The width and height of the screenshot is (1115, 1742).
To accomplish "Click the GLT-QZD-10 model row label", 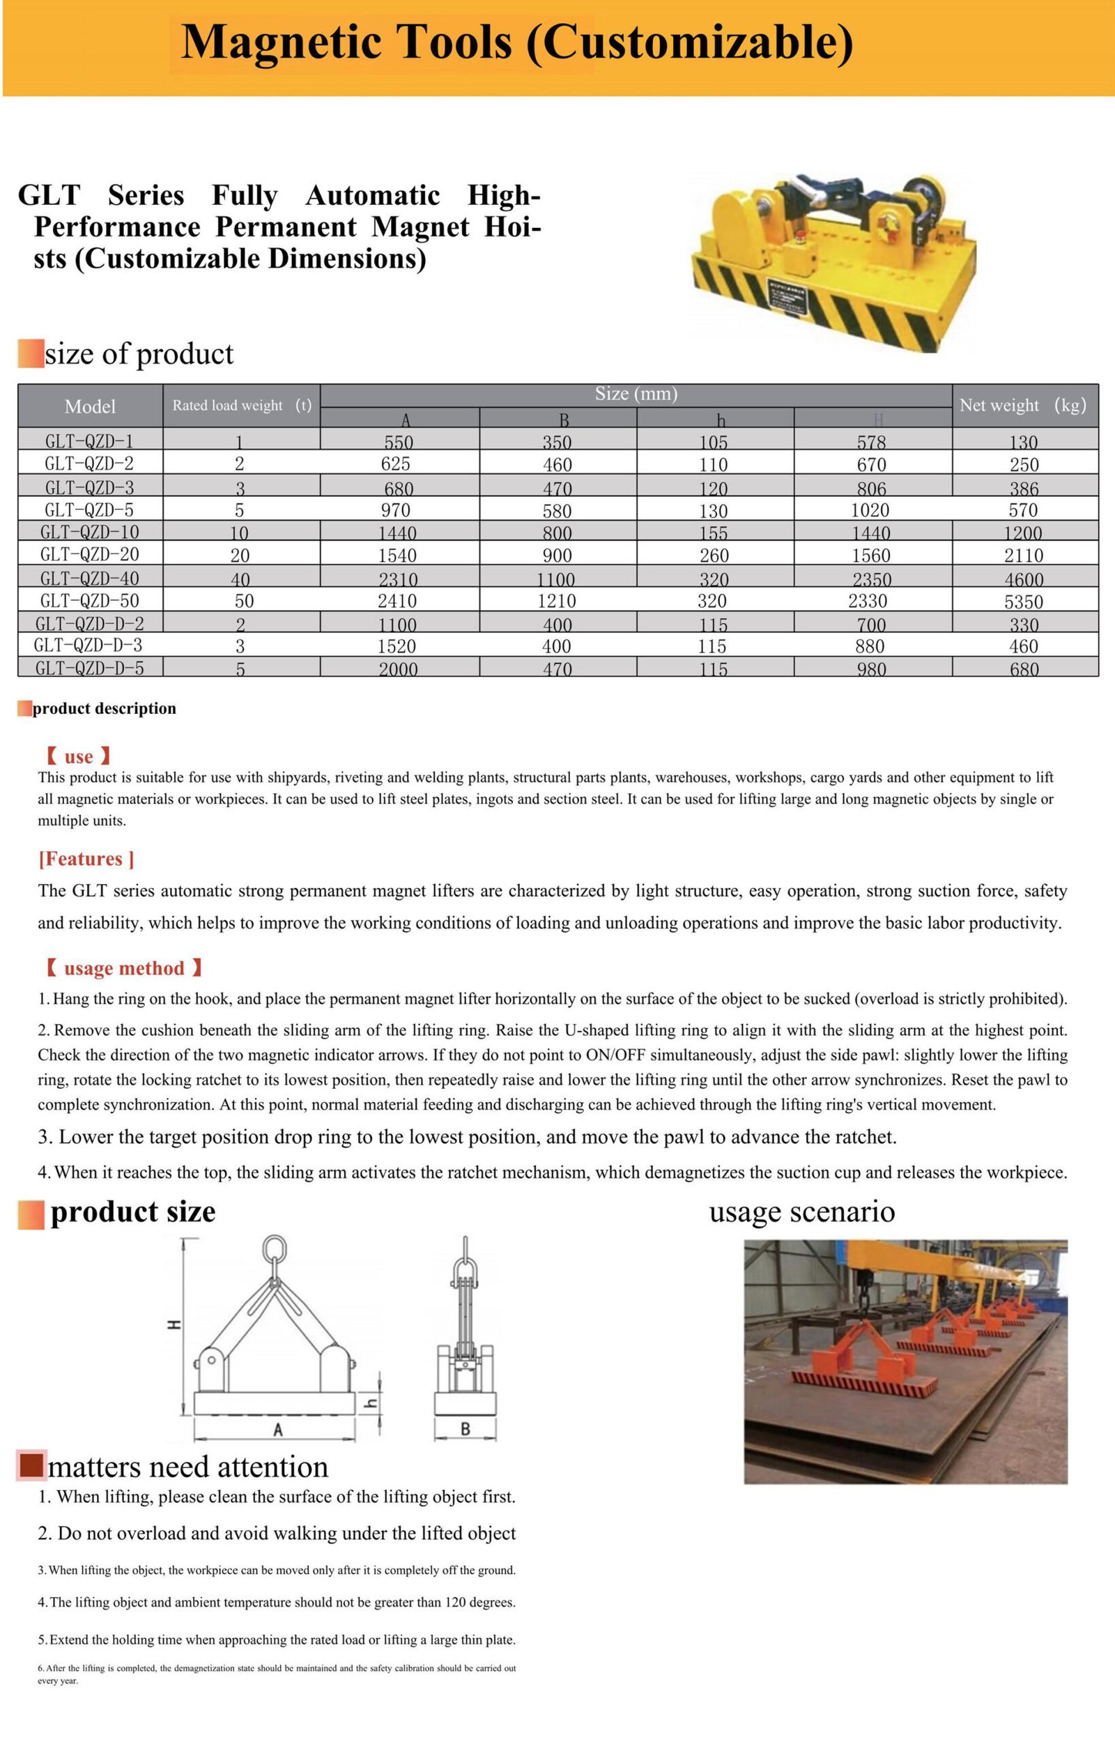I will [x=90, y=532].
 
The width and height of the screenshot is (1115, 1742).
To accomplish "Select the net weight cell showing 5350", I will [x=1023, y=601].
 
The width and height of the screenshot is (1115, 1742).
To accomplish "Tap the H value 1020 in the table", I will [x=870, y=510].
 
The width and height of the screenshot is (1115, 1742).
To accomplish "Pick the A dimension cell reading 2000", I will [x=398, y=669].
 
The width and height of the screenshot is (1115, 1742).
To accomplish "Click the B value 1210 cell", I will [x=556, y=601].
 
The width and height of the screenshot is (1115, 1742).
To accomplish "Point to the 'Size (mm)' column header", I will [x=636, y=394].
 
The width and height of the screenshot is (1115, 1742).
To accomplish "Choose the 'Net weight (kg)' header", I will [x=1022, y=406].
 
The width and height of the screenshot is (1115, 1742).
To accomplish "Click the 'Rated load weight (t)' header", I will [x=242, y=406].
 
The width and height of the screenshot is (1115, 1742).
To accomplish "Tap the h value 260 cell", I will [x=713, y=556].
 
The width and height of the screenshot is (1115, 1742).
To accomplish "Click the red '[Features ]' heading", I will [x=86, y=859].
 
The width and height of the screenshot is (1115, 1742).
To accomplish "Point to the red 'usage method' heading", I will [x=124, y=968].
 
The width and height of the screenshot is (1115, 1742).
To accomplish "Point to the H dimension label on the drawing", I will [x=174, y=1324].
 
